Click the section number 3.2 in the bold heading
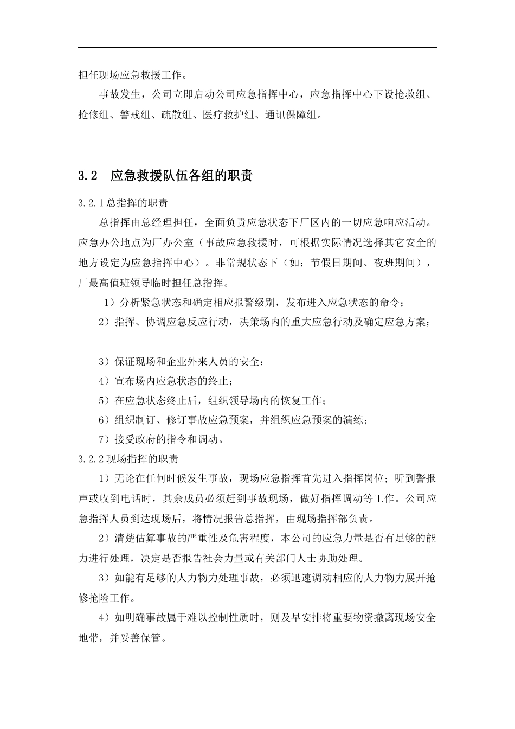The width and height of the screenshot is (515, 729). [x=87, y=176]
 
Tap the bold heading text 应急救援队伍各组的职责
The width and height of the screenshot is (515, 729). [x=181, y=176]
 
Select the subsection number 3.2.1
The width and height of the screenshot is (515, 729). [x=91, y=203]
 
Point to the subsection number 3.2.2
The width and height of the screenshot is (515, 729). [x=91, y=459]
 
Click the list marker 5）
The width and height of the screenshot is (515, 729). [x=105, y=401]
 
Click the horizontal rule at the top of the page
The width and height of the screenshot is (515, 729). [x=257, y=48]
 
